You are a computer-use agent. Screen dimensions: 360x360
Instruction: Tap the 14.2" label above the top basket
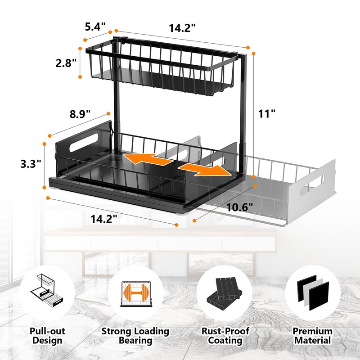[x=182, y=28]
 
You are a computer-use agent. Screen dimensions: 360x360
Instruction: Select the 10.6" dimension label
[x=239, y=207]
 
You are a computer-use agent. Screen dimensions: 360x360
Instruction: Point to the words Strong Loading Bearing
[x=135, y=336]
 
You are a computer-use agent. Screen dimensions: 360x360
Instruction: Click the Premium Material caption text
[x=313, y=336]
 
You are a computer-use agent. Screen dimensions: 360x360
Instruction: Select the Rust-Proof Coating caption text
[x=225, y=336]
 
